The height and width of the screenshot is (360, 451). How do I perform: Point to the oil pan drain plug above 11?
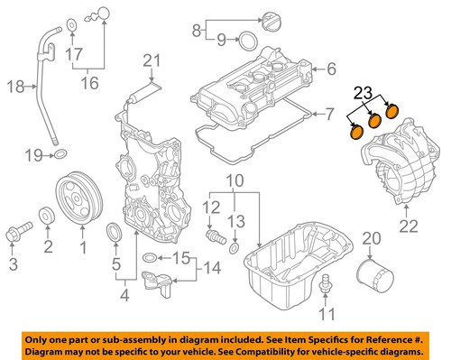coord(326,287)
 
